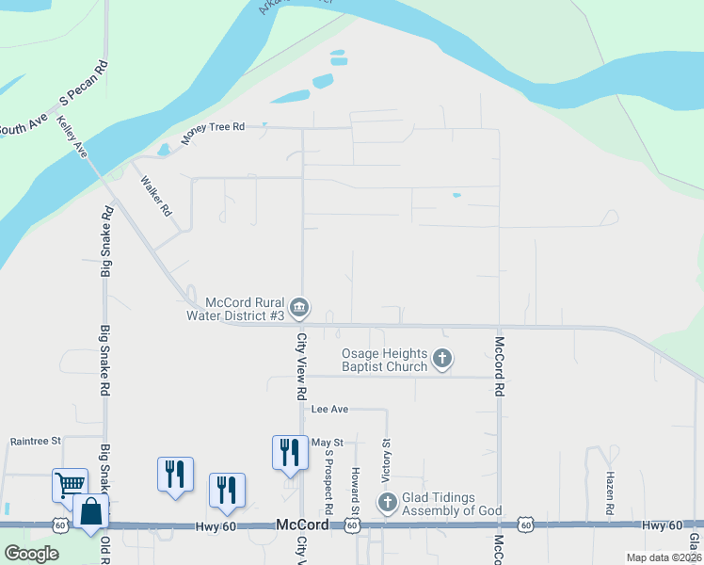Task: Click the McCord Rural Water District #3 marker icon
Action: [299, 307]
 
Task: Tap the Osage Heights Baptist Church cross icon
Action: [442, 359]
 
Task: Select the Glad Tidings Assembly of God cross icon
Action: [387, 503]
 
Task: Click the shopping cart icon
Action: [70, 485]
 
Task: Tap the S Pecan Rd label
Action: [85, 83]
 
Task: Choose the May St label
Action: [328, 442]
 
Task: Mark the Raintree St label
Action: [35, 440]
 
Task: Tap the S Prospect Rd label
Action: [328, 479]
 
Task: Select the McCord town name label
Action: [302, 525]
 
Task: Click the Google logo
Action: [31, 554]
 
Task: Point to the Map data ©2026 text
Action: [664, 557]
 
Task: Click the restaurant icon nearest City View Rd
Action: [289, 452]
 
